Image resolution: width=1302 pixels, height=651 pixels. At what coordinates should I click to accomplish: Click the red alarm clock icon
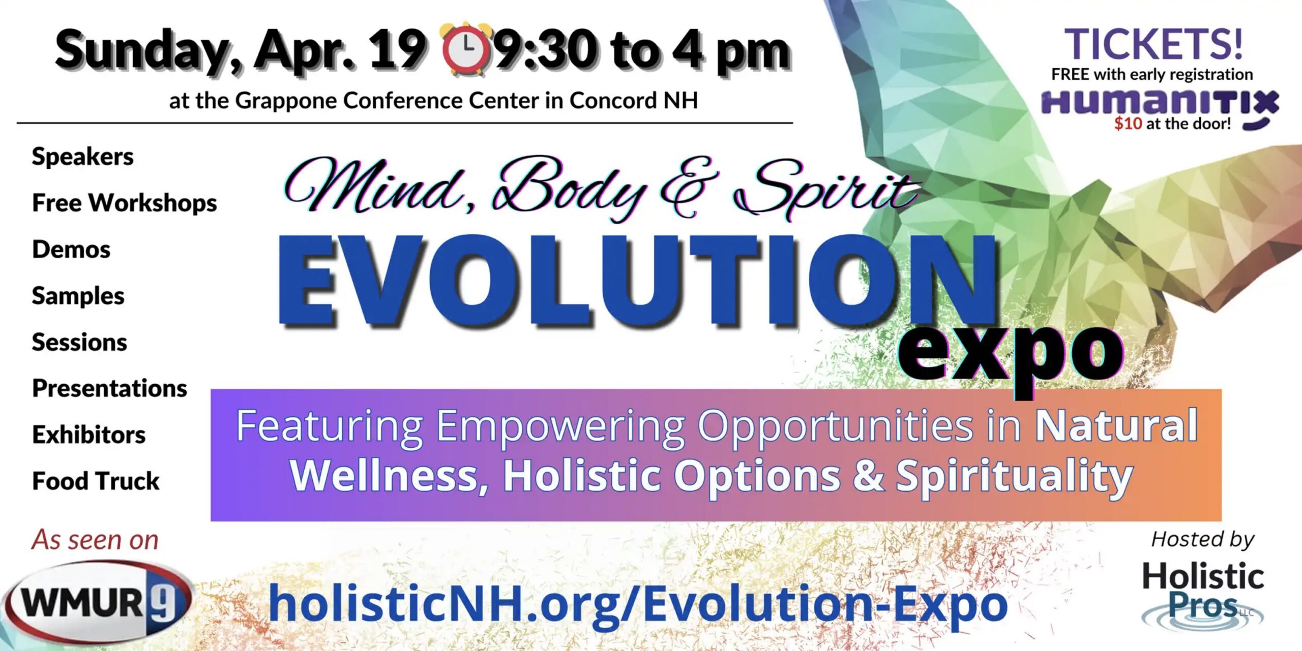[x=467, y=50]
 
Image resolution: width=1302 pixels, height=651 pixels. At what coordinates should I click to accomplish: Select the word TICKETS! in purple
[x=1153, y=44]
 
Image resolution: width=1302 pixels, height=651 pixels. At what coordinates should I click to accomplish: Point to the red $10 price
[x=1128, y=123]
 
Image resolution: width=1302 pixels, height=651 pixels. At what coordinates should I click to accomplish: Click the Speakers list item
[x=82, y=156]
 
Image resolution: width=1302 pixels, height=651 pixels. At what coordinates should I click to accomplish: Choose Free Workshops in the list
[x=125, y=203]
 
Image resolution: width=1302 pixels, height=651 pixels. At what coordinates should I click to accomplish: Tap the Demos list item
[x=71, y=249]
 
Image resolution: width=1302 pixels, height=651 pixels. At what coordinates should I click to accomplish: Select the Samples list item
[x=78, y=296]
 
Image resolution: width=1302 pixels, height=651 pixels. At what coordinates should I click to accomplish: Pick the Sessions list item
[x=79, y=342]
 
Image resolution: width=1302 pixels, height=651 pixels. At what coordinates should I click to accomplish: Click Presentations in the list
[x=109, y=388]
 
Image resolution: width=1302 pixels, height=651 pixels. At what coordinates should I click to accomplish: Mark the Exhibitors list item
[x=88, y=435]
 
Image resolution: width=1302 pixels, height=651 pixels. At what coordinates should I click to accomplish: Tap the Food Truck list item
[x=96, y=481]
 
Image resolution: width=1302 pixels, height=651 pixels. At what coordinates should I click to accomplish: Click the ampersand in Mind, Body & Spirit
[x=689, y=188]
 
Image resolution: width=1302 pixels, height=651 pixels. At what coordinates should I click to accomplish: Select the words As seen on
[x=95, y=540]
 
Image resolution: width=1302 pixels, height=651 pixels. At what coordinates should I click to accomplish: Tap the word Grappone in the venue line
[x=287, y=101]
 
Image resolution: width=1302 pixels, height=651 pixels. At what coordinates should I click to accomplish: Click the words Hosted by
[x=1203, y=540]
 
